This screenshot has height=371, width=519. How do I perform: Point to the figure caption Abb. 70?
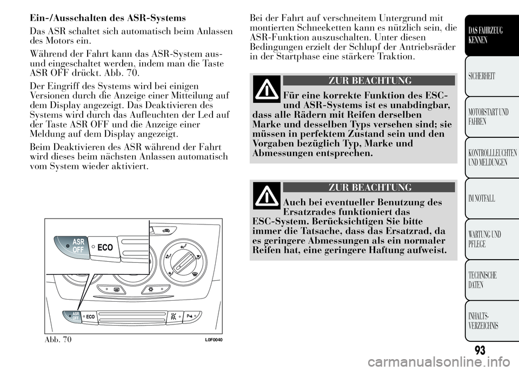click(58, 339)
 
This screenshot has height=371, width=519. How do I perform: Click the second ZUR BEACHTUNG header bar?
click(368, 188)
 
